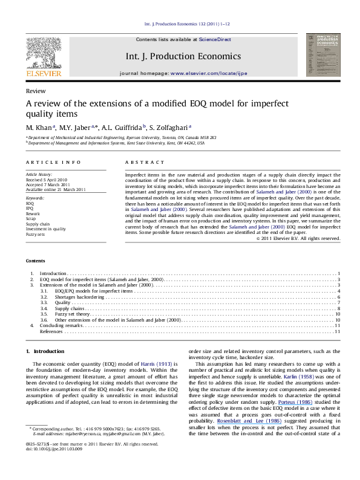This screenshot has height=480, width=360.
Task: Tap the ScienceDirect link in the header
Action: pos(214,39)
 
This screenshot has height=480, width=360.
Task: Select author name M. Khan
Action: pos(39,128)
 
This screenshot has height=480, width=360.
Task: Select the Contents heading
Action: pos(36,261)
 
